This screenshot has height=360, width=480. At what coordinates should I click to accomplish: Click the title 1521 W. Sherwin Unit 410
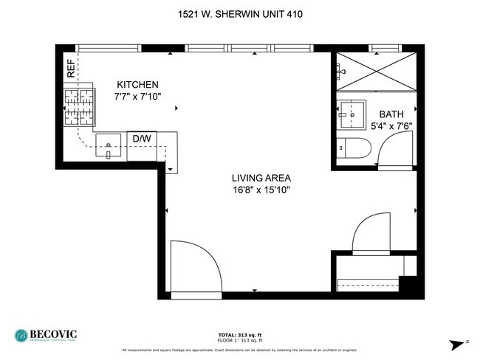239,14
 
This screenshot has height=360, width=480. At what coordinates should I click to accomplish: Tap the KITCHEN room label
137,85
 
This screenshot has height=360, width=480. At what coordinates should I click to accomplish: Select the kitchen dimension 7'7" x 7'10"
137,97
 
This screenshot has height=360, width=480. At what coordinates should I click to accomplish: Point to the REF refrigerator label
71,69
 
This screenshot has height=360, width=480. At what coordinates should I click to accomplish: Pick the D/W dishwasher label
141,138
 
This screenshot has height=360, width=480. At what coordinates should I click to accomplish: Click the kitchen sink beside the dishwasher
109,147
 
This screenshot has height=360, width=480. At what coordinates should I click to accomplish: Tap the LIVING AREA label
261,178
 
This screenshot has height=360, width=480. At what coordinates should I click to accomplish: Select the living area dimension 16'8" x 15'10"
261,190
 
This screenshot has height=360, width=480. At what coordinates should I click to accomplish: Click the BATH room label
391,114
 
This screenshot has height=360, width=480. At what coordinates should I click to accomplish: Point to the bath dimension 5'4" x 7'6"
391,126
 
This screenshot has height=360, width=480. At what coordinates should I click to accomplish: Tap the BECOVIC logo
45,335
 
